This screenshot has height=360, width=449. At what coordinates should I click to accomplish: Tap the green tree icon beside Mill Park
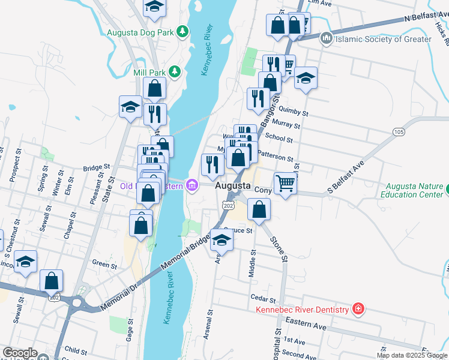(174, 72)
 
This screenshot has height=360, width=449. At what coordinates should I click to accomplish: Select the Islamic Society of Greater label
(383, 39)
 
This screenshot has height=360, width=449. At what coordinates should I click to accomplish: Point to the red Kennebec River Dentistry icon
(358, 309)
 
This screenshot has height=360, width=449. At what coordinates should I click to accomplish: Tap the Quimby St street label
(296, 112)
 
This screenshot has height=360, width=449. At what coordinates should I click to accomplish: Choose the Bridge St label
(97, 169)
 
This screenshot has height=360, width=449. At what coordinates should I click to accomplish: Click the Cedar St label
(263, 297)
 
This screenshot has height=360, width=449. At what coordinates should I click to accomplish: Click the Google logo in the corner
(20, 353)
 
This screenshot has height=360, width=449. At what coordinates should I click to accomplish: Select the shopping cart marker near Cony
(285, 182)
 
